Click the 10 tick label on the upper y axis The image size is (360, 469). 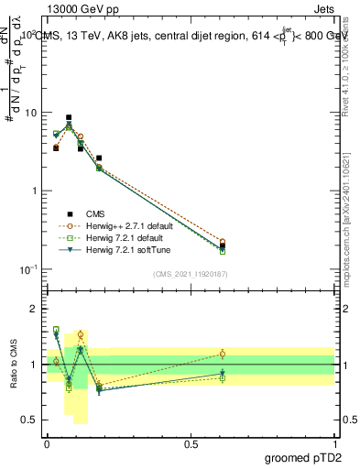pyautogui.click(x=30, y=114)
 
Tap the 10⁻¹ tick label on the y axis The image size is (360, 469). pyautogui.click(x=28, y=269)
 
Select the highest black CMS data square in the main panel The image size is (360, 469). pyautogui.click(x=69, y=117)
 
